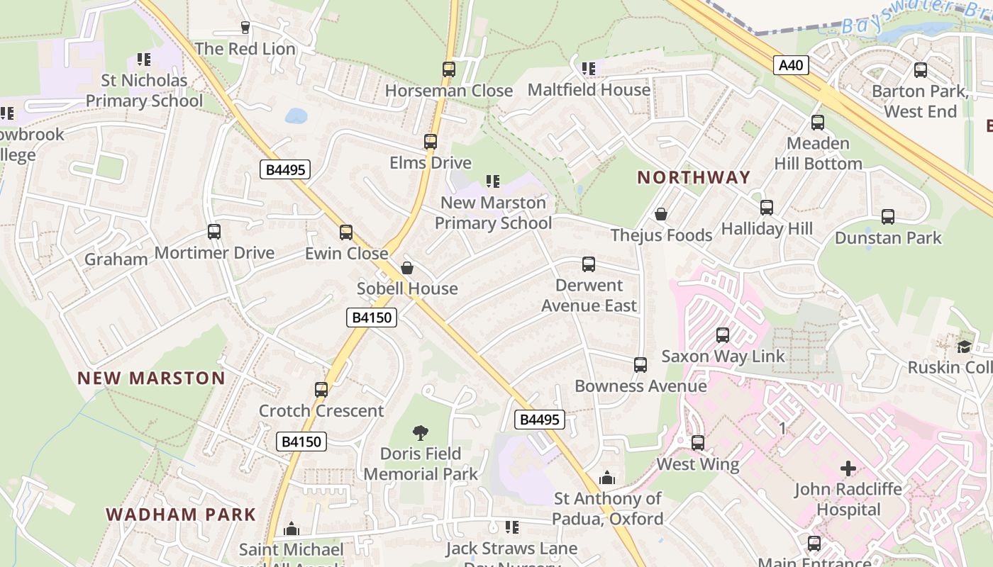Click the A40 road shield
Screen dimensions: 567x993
click(x=791, y=66)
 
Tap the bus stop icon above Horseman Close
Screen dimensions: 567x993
click(x=448, y=69)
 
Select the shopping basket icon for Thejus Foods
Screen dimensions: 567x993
click(x=661, y=213)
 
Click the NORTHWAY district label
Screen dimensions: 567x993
click(x=693, y=177)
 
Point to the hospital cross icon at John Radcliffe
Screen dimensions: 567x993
click(x=848, y=468)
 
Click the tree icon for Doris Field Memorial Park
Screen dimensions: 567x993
click(x=421, y=432)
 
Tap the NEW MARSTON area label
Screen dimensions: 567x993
click(x=151, y=378)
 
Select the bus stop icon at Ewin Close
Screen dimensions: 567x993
click(x=346, y=232)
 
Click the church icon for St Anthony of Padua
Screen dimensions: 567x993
click(x=607, y=478)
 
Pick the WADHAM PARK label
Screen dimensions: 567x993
click(x=181, y=515)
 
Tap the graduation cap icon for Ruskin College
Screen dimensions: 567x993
click(x=964, y=347)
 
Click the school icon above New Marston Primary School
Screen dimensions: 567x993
click(x=493, y=181)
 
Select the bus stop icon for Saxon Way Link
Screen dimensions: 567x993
click(x=723, y=335)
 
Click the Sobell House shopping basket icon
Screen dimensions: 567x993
click(x=407, y=267)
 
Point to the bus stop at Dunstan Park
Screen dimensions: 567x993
click(x=888, y=217)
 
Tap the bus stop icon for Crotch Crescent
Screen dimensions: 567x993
click(x=321, y=389)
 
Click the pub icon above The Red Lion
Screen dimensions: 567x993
click(x=245, y=28)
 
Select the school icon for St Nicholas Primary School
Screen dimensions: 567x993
click(x=144, y=60)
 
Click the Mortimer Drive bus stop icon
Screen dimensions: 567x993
click(x=214, y=232)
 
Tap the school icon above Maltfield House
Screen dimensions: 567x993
click(x=589, y=69)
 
